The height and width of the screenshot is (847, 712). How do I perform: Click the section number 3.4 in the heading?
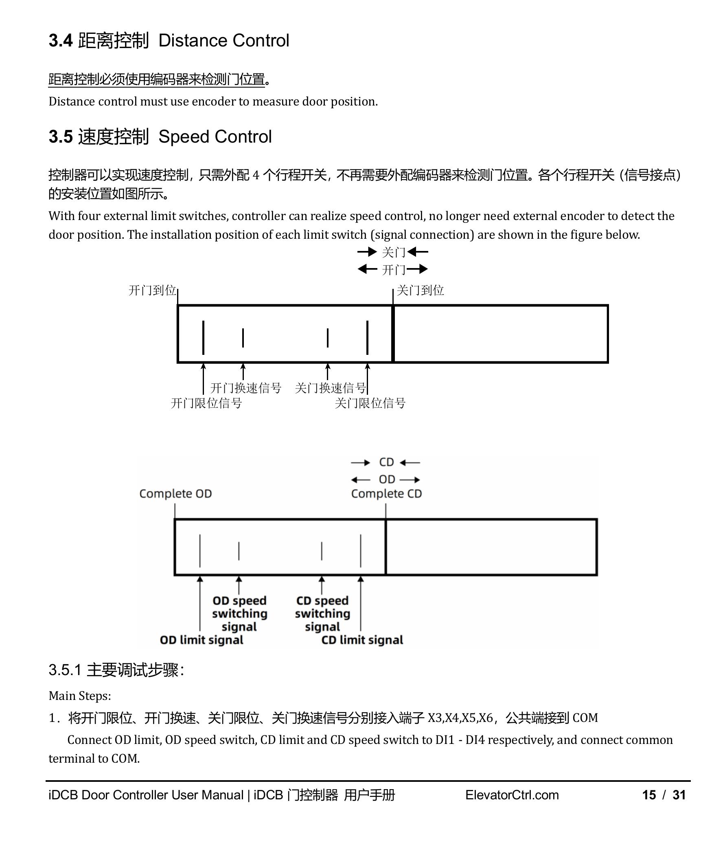tap(61, 41)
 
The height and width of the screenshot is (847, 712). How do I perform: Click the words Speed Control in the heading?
tap(215, 137)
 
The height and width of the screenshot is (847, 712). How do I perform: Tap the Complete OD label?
tap(175, 494)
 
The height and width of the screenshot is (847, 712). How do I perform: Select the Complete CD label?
tap(386, 494)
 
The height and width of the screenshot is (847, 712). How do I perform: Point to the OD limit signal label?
tap(202, 640)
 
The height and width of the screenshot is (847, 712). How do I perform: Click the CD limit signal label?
tap(362, 640)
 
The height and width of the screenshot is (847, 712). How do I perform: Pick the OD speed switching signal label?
tap(239, 614)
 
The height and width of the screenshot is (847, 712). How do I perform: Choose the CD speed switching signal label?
tap(322, 614)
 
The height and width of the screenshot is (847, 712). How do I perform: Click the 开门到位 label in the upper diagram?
tap(152, 290)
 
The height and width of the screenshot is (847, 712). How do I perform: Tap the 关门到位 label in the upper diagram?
tap(420, 290)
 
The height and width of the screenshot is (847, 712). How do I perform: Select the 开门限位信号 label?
tap(206, 403)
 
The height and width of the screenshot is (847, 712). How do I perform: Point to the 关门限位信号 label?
tap(370, 403)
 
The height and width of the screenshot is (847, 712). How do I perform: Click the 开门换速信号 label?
tap(245, 388)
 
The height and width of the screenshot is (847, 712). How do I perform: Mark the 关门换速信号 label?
tap(330, 388)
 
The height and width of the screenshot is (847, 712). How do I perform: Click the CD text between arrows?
tap(386, 462)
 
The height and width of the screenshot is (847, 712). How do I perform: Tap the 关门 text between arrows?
tap(394, 253)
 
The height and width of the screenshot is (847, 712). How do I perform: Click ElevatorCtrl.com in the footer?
tap(512, 795)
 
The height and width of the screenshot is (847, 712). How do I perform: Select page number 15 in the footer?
tap(649, 795)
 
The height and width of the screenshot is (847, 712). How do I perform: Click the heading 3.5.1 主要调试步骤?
tap(116, 670)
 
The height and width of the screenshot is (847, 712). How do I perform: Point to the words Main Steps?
tap(80, 696)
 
